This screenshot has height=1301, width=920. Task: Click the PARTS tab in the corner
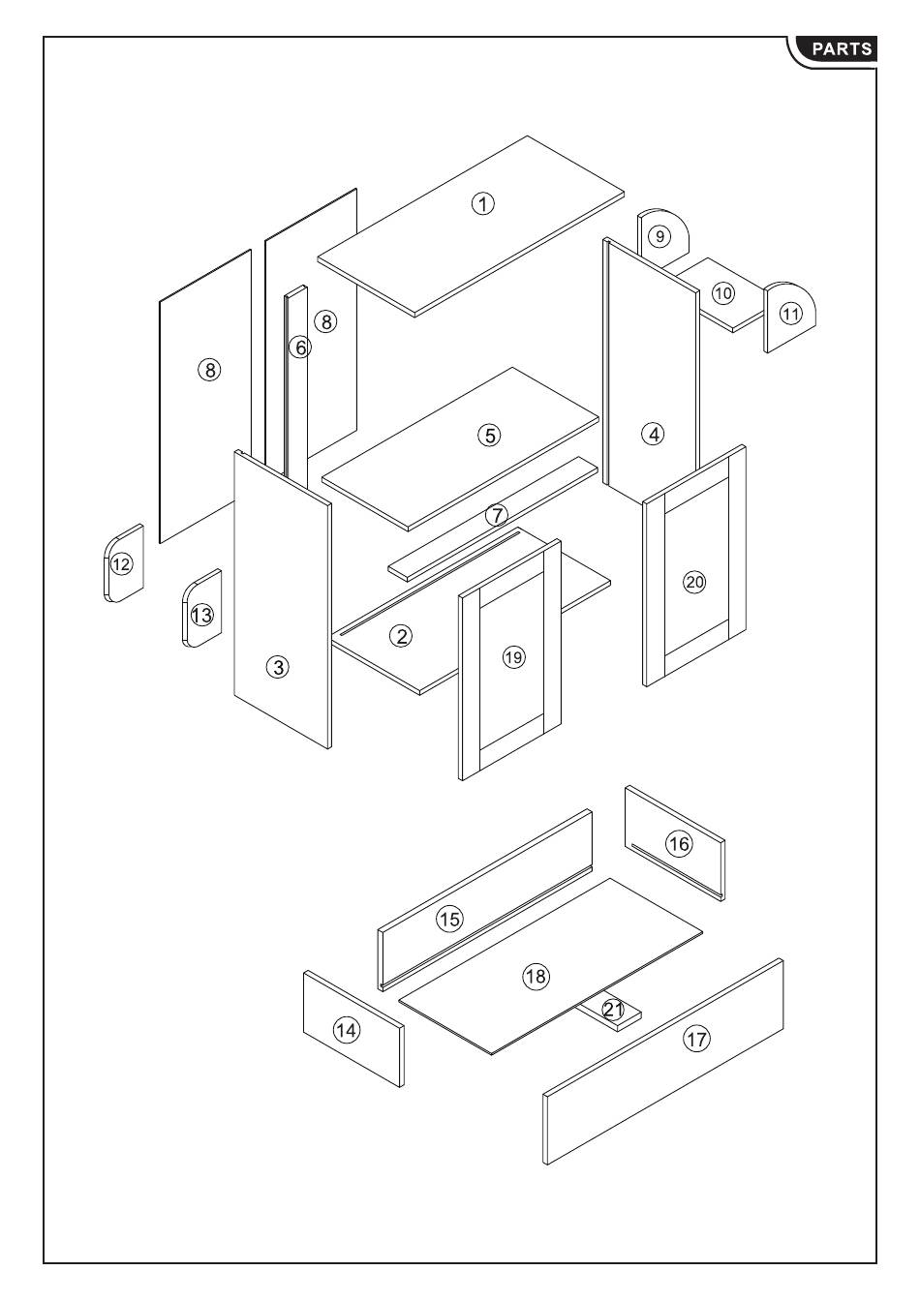[841, 49]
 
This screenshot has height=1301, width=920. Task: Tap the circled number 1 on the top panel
[483, 203]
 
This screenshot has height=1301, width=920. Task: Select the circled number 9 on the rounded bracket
[659, 236]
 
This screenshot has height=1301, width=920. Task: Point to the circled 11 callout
[791, 314]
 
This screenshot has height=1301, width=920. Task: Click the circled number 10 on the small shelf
[723, 292]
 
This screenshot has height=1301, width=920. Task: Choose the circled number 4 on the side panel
[654, 434]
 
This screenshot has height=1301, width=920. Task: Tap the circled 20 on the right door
[694, 582]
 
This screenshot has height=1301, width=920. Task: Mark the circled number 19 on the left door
[513, 657]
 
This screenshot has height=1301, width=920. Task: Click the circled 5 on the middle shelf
[490, 435]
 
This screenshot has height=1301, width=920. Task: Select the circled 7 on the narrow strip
[497, 515]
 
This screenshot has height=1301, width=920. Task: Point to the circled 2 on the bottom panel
[401, 636]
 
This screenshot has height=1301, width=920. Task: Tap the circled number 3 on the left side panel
[279, 667]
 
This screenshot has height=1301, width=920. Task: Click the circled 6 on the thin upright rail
[300, 347]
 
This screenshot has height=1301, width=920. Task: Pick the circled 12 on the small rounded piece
[121, 563]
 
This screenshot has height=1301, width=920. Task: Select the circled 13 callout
[201, 615]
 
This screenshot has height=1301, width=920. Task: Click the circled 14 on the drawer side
[346, 1031]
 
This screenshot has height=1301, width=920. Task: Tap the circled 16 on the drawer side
[679, 844]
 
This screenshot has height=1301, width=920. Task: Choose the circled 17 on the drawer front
[696, 1040]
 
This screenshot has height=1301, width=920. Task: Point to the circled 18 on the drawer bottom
[536, 976]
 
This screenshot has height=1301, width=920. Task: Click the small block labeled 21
[613, 1010]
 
